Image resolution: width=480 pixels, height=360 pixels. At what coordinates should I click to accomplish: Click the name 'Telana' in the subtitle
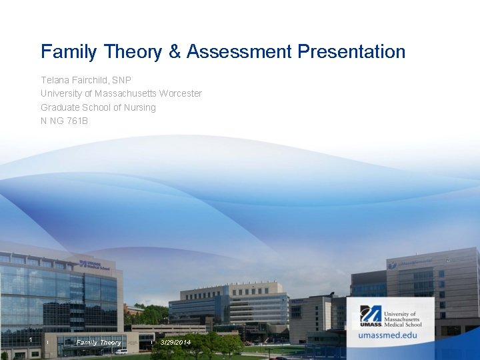[55, 80]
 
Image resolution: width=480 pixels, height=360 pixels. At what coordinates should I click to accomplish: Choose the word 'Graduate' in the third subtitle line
[59, 107]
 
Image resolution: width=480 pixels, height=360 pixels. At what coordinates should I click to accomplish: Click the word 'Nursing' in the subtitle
[140, 107]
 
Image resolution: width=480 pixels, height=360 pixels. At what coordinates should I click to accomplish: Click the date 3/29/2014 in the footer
[175, 342]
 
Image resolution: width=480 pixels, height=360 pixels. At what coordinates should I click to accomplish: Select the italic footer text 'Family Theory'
[99, 342]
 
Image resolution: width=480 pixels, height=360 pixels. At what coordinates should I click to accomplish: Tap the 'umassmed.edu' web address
[387, 335]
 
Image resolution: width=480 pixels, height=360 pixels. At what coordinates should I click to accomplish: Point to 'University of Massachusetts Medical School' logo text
[403, 318]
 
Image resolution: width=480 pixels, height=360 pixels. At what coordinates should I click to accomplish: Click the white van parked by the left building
[121, 351]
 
